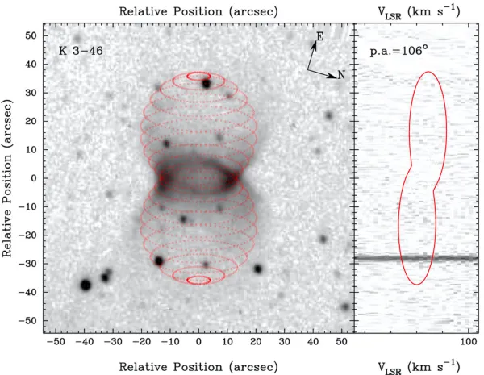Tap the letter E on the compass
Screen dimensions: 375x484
click(x=319, y=37)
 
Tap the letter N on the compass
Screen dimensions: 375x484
click(x=341, y=75)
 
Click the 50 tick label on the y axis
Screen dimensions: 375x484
click(x=30, y=36)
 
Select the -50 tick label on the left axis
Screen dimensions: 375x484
click(x=27, y=320)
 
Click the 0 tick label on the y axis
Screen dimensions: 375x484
click(x=33, y=178)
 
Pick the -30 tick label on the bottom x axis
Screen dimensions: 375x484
click(x=112, y=344)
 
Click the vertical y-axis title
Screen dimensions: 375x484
click(x=10, y=178)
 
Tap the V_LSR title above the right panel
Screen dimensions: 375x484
click(x=419, y=11)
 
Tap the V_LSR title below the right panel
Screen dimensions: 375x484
click(x=419, y=366)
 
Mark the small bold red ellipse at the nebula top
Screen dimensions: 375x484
click(x=198, y=76)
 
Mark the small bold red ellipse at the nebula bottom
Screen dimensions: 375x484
click(x=198, y=280)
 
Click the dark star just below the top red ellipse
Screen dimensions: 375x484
click(x=207, y=83)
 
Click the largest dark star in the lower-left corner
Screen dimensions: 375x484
click(x=86, y=285)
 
